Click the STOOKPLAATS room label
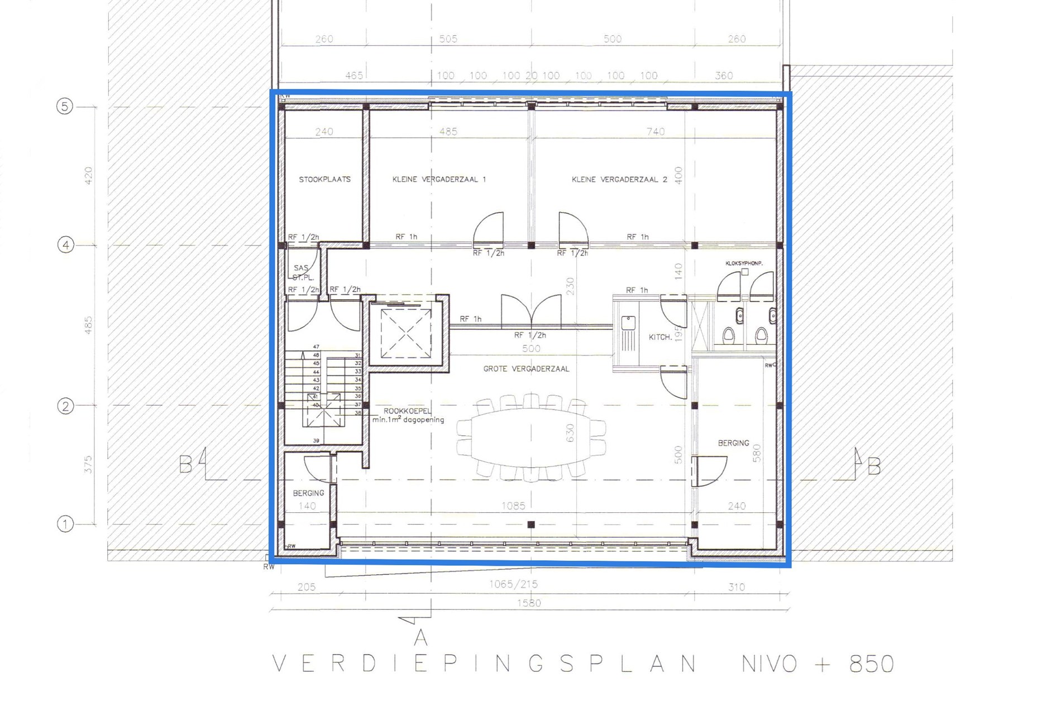(324, 180)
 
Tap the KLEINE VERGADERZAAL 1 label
(439, 180)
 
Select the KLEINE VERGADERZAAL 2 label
(619, 180)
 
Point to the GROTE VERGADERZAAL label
(526, 369)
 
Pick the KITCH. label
(660, 338)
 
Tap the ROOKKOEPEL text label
(408, 411)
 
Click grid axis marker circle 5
(65, 106)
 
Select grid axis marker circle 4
(66, 245)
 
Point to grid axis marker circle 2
(65, 406)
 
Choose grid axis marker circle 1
(65, 524)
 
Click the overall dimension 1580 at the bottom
(529, 603)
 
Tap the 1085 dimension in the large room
(513, 506)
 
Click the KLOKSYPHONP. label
(744, 263)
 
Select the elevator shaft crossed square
(406, 334)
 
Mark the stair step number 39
(316, 441)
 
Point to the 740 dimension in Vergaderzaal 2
(656, 132)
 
